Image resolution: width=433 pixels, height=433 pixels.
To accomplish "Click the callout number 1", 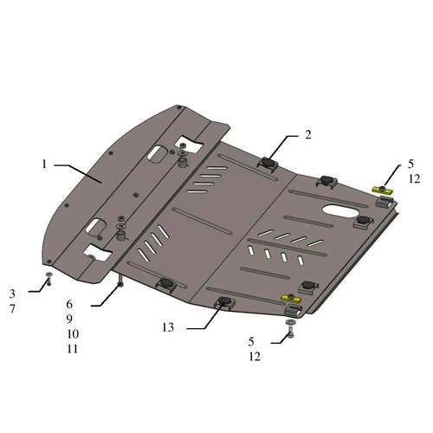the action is (44, 165).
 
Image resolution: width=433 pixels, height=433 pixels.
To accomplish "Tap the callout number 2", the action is (308, 135).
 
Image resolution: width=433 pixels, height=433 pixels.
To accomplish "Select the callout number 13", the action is (168, 327).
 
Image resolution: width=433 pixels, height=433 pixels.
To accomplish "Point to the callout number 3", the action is (12, 294).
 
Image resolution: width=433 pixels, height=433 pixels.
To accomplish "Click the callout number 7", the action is (12, 309).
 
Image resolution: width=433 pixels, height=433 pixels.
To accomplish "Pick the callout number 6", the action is (69, 304).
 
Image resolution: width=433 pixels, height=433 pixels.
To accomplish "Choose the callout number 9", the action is (69, 319).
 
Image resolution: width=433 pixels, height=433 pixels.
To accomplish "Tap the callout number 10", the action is (73, 334).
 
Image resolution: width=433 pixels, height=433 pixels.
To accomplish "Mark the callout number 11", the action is (73, 349).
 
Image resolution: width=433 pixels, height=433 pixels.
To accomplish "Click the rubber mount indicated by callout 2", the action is (268, 164).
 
